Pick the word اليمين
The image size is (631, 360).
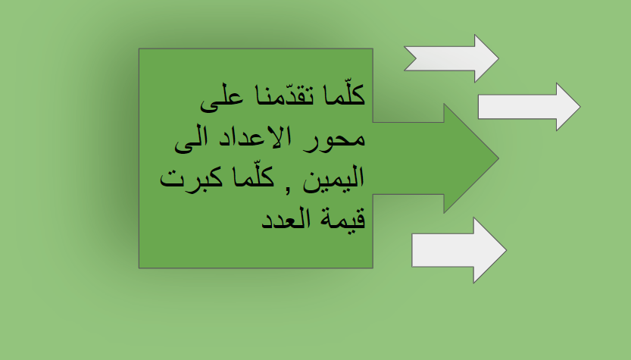point(333,180)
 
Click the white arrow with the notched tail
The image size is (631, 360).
point(451,58)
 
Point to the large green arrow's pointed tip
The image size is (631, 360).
point(497,158)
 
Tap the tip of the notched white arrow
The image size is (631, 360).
point(498,58)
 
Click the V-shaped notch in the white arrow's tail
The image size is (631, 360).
point(418,58)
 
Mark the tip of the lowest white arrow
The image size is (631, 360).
point(505,250)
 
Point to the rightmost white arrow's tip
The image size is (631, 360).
point(579,107)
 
